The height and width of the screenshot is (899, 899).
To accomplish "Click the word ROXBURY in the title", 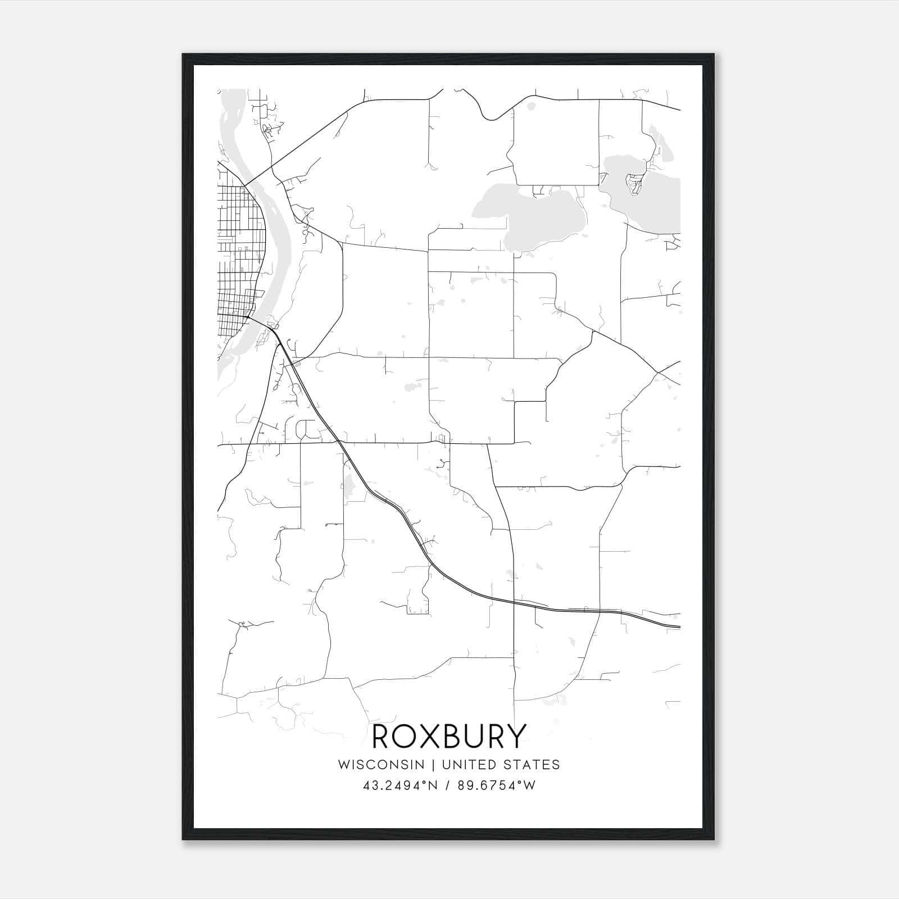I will pos(449,736).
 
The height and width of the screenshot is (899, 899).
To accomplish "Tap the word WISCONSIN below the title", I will pos(385,765).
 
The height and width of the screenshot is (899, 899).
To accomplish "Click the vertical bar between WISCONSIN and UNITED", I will pos(435,765).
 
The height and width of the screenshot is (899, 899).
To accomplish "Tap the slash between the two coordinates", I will pos(448,786).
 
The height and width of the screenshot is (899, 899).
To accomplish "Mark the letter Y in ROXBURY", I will pos(516,736).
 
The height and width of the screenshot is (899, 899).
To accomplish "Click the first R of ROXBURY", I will pos(383,736).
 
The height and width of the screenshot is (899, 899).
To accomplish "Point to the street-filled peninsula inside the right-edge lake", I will pos(635,183).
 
